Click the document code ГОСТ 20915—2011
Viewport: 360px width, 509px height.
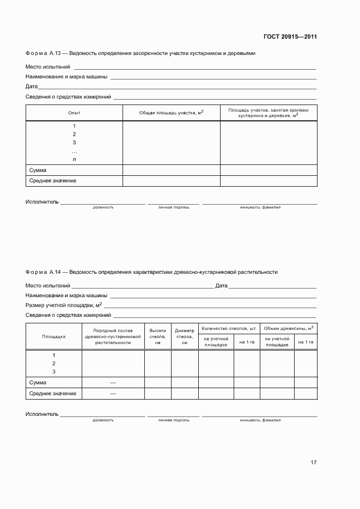tap(290, 37)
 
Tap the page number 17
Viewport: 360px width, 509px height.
tap(313, 463)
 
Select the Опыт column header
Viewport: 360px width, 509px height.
tap(74, 113)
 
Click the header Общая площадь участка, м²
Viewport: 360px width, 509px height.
tap(171, 113)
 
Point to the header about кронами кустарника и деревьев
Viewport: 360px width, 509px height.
tap(269, 113)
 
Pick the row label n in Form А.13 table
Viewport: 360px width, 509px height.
tap(74, 160)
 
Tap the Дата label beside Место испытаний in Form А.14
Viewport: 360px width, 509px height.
tap(221, 285)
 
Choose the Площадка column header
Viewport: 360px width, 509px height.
tap(54, 336)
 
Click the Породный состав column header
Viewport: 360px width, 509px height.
tap(113, 336)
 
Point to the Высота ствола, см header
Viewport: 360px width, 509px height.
tap(157, 336)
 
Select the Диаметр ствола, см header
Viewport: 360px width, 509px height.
tap(185, 336)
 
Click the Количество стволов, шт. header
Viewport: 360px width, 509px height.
tap(229, 328)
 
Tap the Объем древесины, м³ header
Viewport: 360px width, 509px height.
tap(288, 328)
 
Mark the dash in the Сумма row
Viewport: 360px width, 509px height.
tap(113, 383)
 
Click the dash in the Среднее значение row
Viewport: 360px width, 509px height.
tap(113, 394)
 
